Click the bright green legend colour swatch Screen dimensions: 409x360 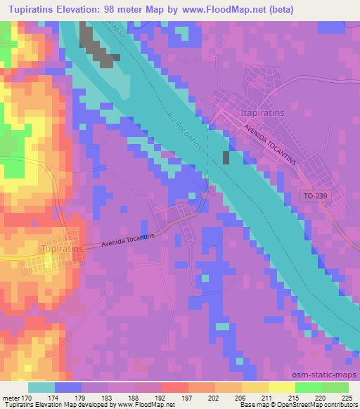[309, 387]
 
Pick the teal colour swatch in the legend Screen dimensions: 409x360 [41, 387]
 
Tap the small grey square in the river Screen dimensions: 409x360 [226, 157]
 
